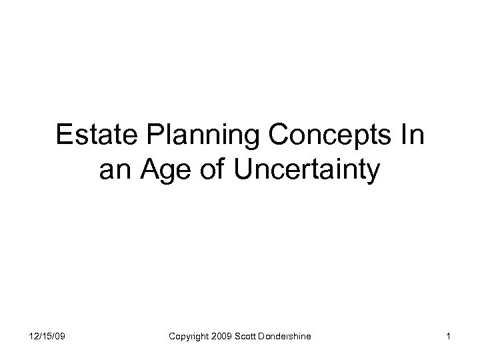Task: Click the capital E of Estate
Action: click(64, 136)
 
